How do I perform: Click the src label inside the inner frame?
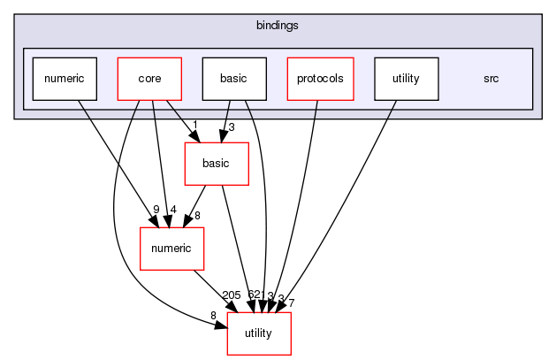491,78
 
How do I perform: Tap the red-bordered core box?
149,78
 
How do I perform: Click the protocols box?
319,78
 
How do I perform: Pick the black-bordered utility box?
406,78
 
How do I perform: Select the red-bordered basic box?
217,163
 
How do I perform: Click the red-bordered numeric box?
172,249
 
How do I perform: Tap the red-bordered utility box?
259,333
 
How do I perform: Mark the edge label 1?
194,124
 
